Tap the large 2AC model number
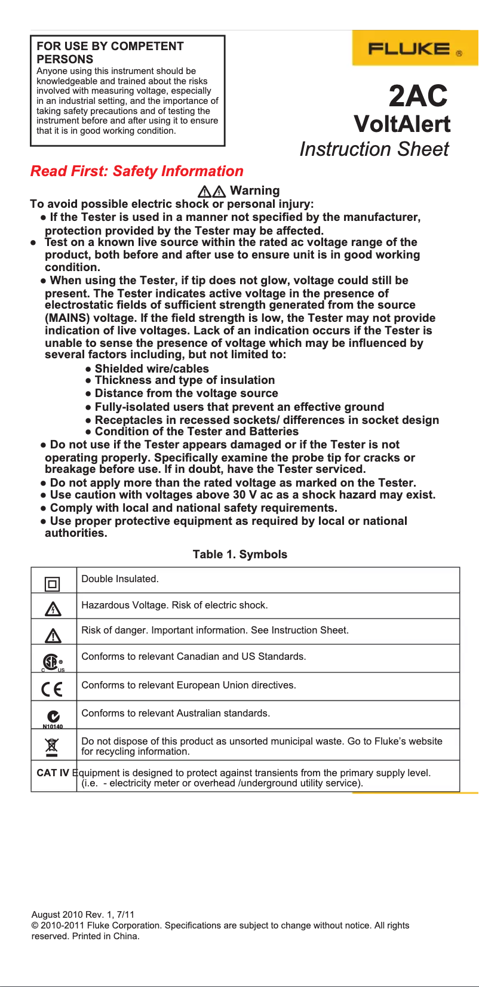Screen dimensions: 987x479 pos(418,96)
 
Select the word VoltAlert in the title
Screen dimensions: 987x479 pos(402,124)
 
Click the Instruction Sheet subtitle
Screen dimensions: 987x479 pos(374,149)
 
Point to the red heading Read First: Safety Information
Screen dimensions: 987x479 pos(137,171)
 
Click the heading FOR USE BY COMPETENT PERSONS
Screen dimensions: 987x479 pos(110,53)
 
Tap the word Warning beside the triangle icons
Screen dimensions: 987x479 pos(254,190)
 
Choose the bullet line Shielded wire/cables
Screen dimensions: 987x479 pos(152,369)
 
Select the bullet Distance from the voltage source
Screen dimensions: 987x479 pos(186,393)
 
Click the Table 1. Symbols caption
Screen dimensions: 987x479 pos(240,555)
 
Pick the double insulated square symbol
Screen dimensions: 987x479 pos(53,584)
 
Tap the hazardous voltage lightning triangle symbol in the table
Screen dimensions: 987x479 pos(53,609)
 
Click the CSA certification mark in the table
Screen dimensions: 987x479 pos(52,662)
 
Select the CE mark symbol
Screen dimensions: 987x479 pos(52,690)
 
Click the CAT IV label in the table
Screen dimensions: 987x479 pos(53,773)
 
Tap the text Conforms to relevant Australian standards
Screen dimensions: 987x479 pos(176,714)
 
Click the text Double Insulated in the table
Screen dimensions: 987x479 pos(119,579)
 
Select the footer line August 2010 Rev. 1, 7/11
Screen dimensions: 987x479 pos(83,915)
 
